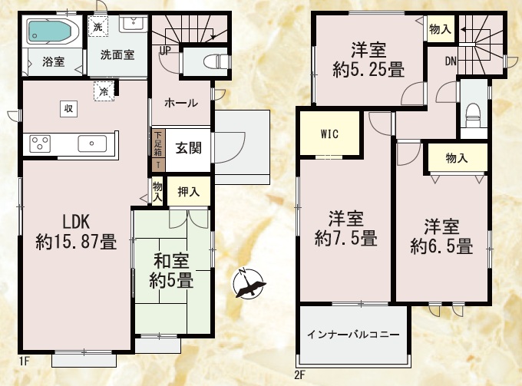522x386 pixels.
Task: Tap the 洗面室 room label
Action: [x=117, y=55]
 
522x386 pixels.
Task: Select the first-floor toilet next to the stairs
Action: [x=216, y=61]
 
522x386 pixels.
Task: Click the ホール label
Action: [x=181, y=103]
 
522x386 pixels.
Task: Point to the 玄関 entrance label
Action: [x=188, y=148]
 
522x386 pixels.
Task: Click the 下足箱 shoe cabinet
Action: [x=158, y=144]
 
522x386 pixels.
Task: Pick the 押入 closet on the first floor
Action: [x=188, y=191]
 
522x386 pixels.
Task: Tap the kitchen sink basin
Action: [x=92, y=144]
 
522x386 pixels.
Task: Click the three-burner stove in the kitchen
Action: [x=40, y=144]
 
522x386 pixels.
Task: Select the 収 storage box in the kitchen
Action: [x=69, y=108]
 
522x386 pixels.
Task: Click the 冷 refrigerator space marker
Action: [x=104, y=91]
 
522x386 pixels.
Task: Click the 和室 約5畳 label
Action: [x=171, y=271]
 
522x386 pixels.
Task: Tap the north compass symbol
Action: [x=249, y=282]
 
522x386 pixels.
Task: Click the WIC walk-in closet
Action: [x=329, y=133]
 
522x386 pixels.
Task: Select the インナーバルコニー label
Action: [x=353, y=334]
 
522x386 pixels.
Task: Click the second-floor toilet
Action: [x=473, y=115]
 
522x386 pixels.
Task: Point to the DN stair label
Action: [x=451, y=61]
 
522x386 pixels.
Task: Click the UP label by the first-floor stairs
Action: [x=165, y=51]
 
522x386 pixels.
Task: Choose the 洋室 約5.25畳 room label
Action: [x=369, y=60]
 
